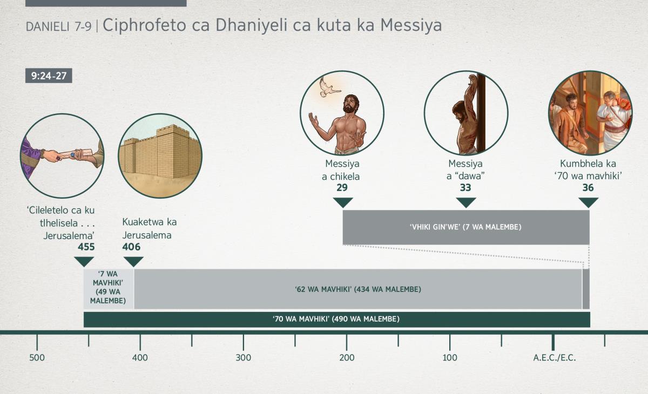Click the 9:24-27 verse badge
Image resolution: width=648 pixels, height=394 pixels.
49,76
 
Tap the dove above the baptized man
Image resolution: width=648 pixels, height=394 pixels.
329,88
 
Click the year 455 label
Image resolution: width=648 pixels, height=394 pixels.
86,247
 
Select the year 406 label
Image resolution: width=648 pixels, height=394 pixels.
131,247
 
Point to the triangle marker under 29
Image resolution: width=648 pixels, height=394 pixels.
343,202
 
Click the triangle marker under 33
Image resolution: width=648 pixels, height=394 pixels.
466,202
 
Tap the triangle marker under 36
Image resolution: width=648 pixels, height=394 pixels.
589,202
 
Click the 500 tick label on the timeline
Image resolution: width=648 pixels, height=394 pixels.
37,358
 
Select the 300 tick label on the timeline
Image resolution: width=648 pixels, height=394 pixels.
244,358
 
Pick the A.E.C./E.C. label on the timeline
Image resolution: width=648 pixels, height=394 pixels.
555,358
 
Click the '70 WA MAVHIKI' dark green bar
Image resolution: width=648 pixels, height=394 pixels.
337,320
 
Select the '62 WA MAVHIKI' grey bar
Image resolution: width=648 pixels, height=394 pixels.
358,289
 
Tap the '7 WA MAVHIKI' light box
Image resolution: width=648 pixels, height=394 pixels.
109,289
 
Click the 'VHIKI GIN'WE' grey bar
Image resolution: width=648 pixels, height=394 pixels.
466,227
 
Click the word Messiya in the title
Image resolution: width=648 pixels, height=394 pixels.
411,25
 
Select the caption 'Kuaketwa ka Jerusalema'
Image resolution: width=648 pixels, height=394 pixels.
149,229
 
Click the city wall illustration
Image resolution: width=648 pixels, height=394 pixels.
160,153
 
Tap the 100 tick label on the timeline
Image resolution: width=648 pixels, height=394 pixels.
450,358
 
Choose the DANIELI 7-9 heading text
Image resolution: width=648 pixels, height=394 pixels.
59,27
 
